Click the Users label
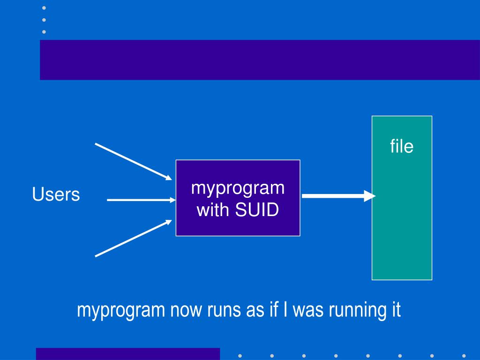pos(56,194)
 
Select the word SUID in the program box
pos(257,210)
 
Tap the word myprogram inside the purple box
pos(238,188)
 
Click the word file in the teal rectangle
pos(402,146)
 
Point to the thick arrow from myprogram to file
pos(338,196)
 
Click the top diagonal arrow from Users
pos(134,162)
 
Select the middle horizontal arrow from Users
pos(141,200)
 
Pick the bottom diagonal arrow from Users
pos(134,238)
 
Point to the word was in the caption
pos(308,310)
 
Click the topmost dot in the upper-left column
pos(44,8)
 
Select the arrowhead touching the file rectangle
pos(370,196)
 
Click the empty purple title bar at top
pos(260,60)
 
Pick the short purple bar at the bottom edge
pos(128,354)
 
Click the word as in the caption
pos(255,310)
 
